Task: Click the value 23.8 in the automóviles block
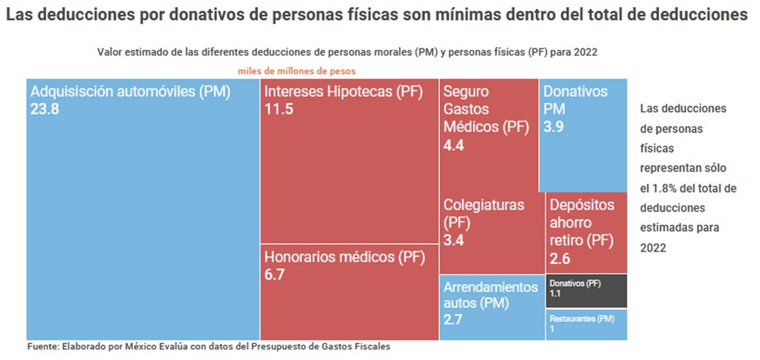[x=45, y=108]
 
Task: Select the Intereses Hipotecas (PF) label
[x=343, y=91]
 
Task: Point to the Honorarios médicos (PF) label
[x=343, y=257]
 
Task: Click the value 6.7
[x=275, y=274]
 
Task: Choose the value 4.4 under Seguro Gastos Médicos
[x=455, y=145]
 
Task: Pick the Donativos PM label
[x=575, y=100]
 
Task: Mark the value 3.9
[x=554, y=127]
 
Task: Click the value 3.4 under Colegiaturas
[x=455, y=240]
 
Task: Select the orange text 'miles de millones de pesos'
[x=297, y=70]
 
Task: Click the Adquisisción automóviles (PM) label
[x=131, y=91]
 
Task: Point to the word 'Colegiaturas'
[x=484, y=205]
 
